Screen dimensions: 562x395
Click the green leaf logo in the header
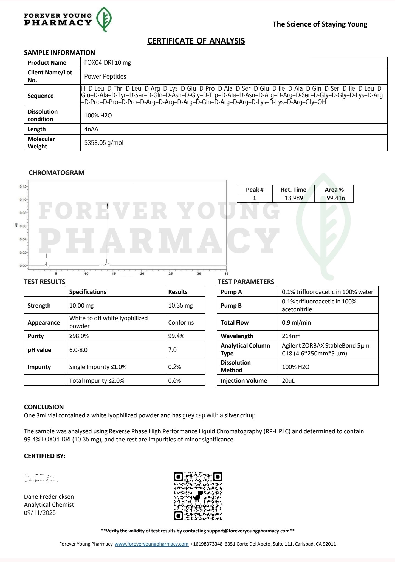tap(104, 19)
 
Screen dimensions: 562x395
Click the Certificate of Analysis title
tap(196, 41)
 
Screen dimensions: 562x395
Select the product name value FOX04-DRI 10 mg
tap(108, 62)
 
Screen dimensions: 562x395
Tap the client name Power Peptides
tap(105, 76)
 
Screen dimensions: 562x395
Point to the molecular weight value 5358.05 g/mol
tap(104, 143)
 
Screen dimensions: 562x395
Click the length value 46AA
tap(91, 129)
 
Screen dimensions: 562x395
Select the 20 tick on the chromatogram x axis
tap(142, 273)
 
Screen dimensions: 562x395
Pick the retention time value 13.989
tap(294, 198)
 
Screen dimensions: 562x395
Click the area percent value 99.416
tap(336, 198)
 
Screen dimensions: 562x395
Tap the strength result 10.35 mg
tap(180, 305)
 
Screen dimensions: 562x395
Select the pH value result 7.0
tap(173, 350)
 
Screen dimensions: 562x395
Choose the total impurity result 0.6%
tap(174, 380)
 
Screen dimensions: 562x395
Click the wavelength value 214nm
tap(291, 336)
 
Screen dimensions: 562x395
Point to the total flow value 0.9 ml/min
tap(296, 322)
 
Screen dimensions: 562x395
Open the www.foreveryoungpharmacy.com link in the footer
tap(151, 544)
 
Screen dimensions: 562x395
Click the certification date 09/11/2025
tap(40, 513)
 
